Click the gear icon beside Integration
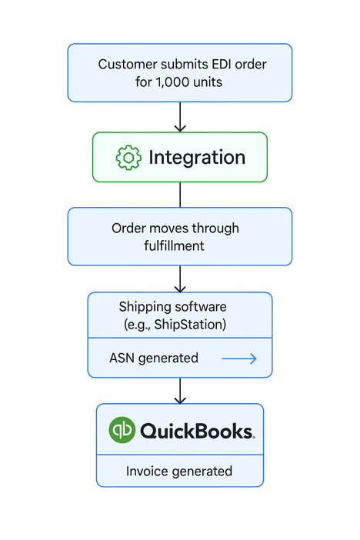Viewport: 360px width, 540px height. [x=128, y=158]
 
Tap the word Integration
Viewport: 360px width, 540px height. [x=197, y=158]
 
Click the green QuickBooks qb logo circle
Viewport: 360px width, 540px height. [x=122, y=428]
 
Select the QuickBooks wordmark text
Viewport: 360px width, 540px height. [x=197, y=430]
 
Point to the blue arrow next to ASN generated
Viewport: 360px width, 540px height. [x=238, y=358]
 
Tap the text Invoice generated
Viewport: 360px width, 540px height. [x=179, y=471]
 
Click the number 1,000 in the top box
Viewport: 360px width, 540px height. [x=175, y=81]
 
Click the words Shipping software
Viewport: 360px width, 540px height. [x=173, y=307]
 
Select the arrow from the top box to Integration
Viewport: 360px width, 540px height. [x=180, y=117]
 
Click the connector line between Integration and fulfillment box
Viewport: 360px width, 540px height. [x=180, y=195]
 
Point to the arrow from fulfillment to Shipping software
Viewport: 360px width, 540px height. [x=180, y=278]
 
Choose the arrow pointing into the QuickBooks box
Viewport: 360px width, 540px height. [x=180, y=390]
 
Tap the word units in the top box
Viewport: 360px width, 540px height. [x=207, y=81]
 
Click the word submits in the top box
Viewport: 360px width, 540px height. [x=177, y=64]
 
